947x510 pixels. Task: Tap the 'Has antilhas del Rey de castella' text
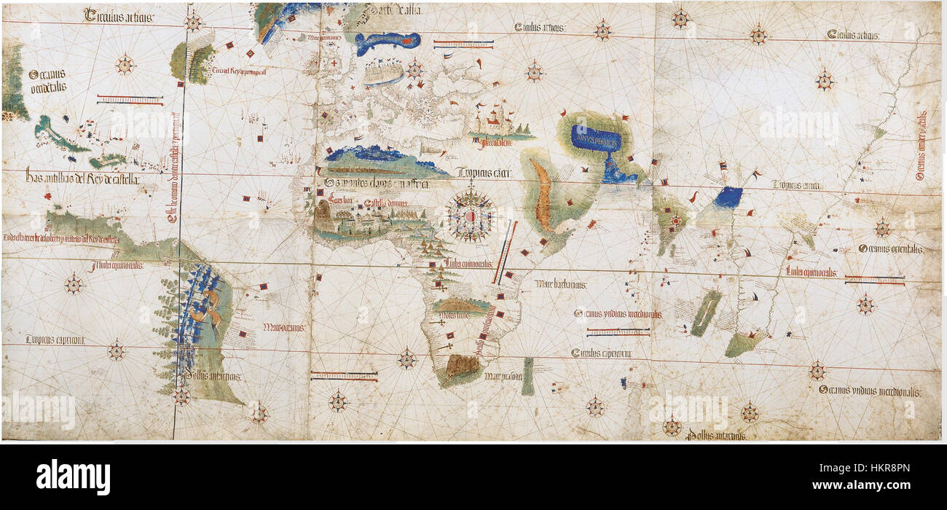coord(82,177)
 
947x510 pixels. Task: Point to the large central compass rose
coord(470,214)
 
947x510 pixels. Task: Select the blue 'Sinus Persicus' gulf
coord(596,138)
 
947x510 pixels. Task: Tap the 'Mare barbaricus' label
coord(561,283)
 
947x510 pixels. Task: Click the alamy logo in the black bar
coord(73,476)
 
